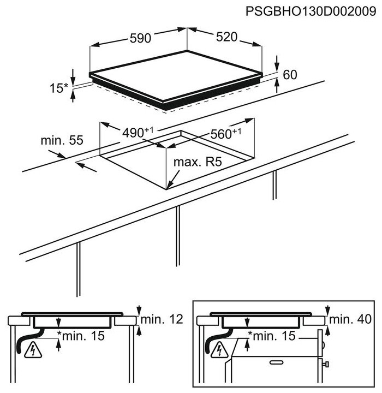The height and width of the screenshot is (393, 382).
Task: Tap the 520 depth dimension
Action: (x=226, y=37)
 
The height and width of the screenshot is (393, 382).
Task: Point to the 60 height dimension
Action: (x=290, y=75)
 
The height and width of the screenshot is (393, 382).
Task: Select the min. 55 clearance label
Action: (x=62, y=140)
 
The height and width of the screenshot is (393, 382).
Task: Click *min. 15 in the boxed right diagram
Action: (x=271, y=336)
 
